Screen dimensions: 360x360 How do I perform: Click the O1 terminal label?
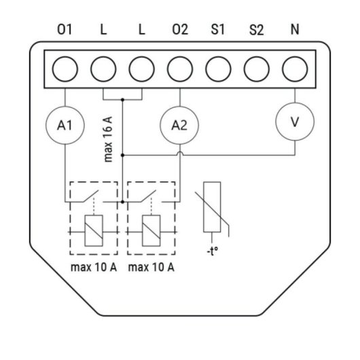click(x=66, y=30)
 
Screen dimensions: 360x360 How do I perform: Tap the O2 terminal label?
click(x=179, y=30)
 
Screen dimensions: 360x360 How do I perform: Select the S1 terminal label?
click(x=218, y=30)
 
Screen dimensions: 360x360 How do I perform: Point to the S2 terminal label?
click(x=256, y=30)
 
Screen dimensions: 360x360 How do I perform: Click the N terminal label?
click(x=294, y=30)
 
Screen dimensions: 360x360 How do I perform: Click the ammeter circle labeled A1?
click(x=65, y=125)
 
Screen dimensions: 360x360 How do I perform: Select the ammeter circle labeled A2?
click(x=179, y=125)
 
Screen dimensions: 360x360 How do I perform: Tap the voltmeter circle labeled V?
click(x=294, y=122)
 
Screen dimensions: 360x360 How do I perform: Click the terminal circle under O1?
click(x=65, y=69)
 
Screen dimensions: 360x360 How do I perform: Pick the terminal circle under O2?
click(x=179, y=69)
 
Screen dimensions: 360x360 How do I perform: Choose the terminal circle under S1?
click(x=218, y=69)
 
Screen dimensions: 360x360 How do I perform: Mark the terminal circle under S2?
click(x=256, y=69)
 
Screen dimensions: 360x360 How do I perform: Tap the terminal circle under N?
click(x=294, y=69)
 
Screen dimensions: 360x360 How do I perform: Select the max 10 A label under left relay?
click(x=94, y=267)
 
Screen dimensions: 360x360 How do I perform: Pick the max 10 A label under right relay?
click(x=151, y=267)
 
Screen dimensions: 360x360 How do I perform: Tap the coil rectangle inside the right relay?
click(x=151, y=231)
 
